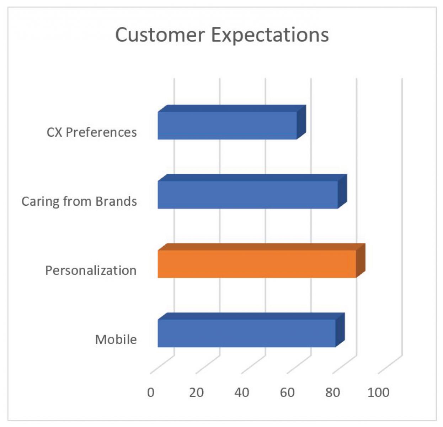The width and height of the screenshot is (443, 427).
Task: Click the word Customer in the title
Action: point(160,35)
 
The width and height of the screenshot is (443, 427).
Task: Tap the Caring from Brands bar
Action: point(247,195)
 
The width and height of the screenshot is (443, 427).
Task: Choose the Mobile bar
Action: point(246,333)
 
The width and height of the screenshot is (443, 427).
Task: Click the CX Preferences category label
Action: point(92,132)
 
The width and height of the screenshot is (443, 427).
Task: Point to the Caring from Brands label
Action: point(79,201)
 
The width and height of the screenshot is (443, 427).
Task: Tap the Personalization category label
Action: point(91,270)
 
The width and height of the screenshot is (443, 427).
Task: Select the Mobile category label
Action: point(116,339)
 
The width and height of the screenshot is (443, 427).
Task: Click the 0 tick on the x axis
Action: point(151,392)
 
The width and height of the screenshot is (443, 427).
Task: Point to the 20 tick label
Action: point(196,392)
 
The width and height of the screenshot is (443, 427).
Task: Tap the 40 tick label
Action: point(242,392)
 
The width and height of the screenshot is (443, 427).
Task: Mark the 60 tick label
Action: point(287,392)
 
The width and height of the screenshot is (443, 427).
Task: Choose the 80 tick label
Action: point(333,392)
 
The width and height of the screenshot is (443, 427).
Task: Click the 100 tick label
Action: point(378,392)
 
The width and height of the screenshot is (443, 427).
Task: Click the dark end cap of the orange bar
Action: point(361,260)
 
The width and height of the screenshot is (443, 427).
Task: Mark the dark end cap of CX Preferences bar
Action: point(301,122)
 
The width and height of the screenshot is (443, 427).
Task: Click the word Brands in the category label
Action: point(116,201)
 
